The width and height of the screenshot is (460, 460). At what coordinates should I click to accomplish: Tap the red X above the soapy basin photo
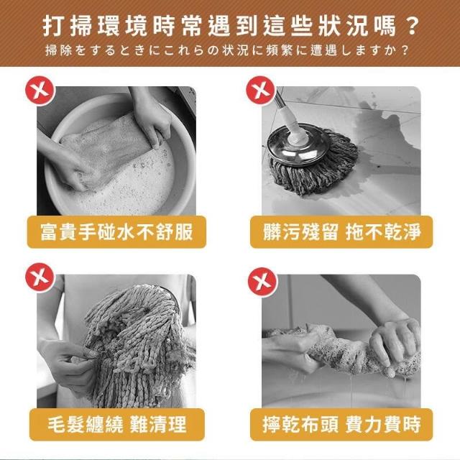pyautogui.click(x=40, y=91)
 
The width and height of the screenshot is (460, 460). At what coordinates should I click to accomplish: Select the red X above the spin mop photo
pyautogui.click(x=260, y=90)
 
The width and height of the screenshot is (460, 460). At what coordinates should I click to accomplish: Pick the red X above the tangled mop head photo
pyautogui.click(x=40, y=277)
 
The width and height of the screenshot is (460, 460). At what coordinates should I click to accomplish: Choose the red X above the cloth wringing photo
pyautogui.click(x=262, y=282)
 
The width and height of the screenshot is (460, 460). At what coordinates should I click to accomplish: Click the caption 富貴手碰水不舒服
pyautogui.click(x=116, y=231)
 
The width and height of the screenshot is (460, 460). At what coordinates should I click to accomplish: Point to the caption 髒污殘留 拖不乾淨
pyautogui.click(x=342, y=231)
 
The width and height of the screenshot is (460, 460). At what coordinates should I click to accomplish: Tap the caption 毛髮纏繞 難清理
pyautogui.click(x=117, y=424)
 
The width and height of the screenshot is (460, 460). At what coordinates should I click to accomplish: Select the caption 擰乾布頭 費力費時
pyautogui.click(x=342, y=424)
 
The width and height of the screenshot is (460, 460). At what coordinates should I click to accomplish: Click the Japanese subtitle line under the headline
pyautogui.click(x=226, y=50)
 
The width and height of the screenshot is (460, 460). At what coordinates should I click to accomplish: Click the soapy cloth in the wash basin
pyautogui.click(x=109, y=147)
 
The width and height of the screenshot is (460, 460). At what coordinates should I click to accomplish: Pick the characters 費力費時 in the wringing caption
pyautogui.click(x=383, y=424)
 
